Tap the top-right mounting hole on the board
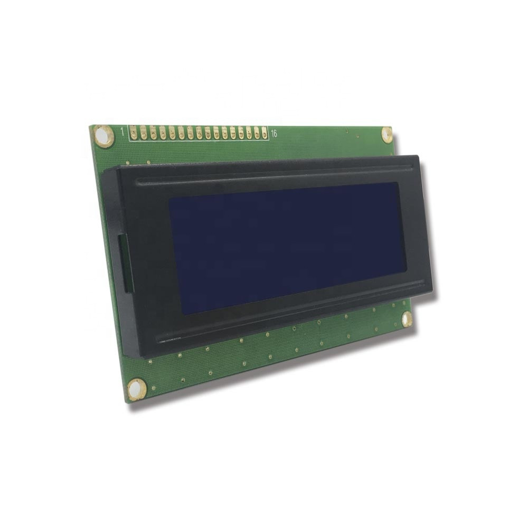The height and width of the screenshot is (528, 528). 387,134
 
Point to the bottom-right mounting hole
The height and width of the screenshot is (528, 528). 407,319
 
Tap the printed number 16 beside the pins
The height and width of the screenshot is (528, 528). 274,133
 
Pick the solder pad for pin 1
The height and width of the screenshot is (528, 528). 133,132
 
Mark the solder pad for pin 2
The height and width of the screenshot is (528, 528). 142,132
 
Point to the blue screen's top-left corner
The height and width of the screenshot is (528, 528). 169,199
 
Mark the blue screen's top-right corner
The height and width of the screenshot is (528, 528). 398,183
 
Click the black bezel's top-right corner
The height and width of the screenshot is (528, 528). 418,156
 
